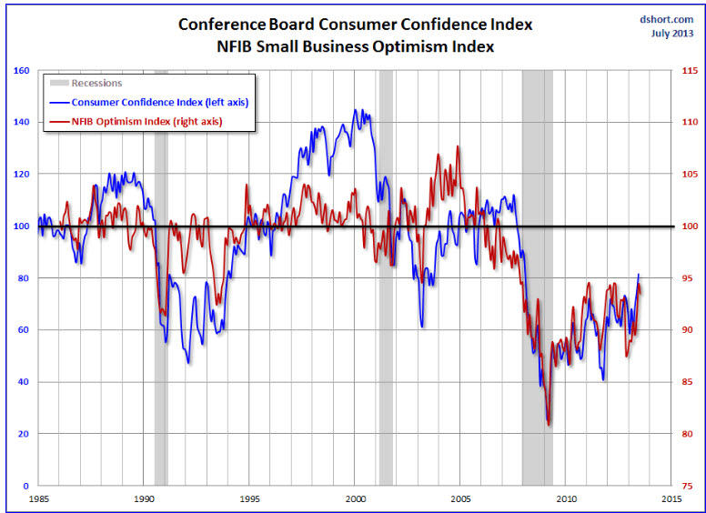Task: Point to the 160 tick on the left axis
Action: [x=21, y=70]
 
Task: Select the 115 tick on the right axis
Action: [x=690, y=70]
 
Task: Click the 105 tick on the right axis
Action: [x=690, y=174]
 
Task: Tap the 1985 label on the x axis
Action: [x=39, y=498]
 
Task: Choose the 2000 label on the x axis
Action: [x=356, y=498]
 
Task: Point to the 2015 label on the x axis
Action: [x=672, y=498]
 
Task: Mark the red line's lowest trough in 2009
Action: [x=549, y=425]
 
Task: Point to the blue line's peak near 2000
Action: [x=355, y=110]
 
